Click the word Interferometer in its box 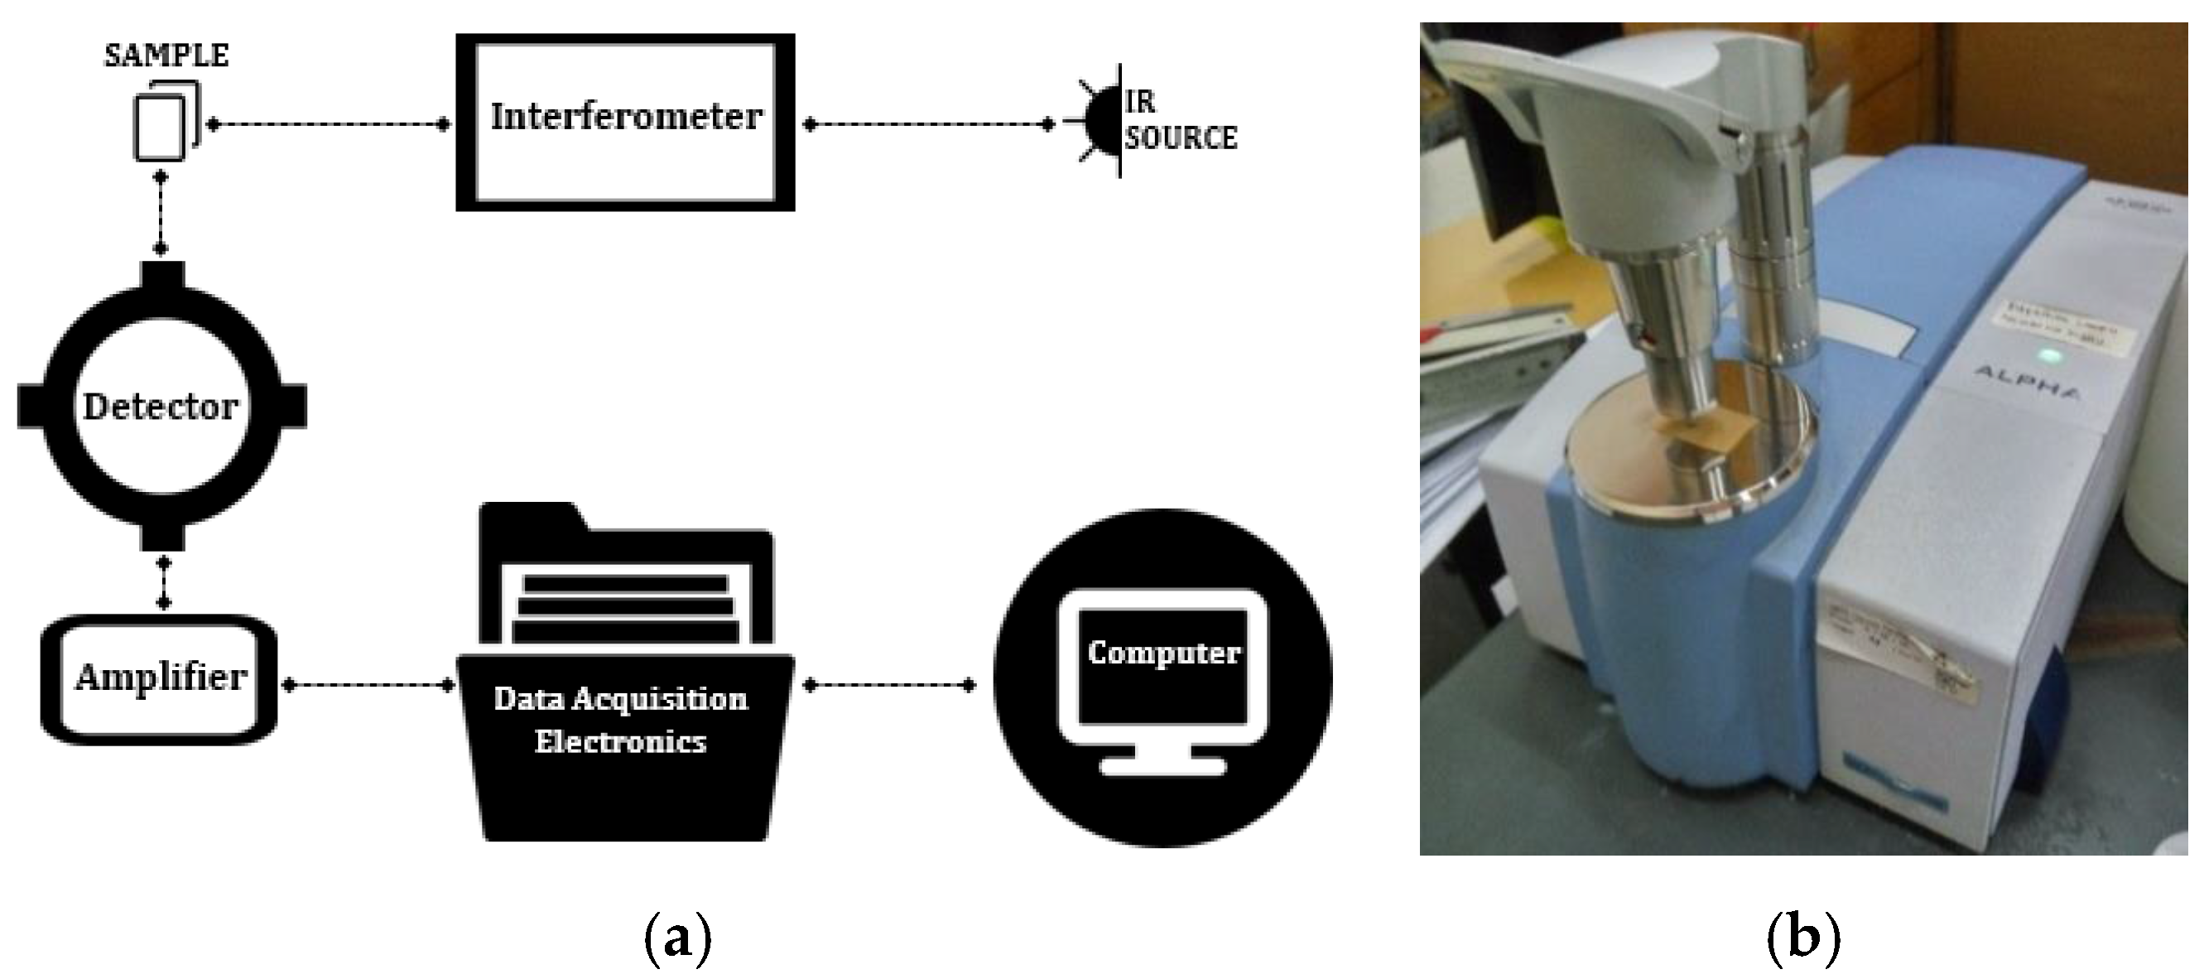pyautogui.click(x=625, y=118)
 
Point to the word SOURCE pyautogui.click(x=1181, y=138)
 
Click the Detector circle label pyautogui.click(x=161, y=407)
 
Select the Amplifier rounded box pyautogui.click(x=160, y=678)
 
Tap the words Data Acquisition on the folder pyautogui.click(x=620, y=699)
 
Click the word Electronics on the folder pyautogui.click(x=620, y=741)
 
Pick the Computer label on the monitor pyautogui.click(x=1163, y=653)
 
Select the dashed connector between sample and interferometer pyautogui.click(x=328, y=125)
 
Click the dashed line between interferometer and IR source pyautogui.click(x=928, y=125)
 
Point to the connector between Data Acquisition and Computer pyautogui.click(x=888, y=685)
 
